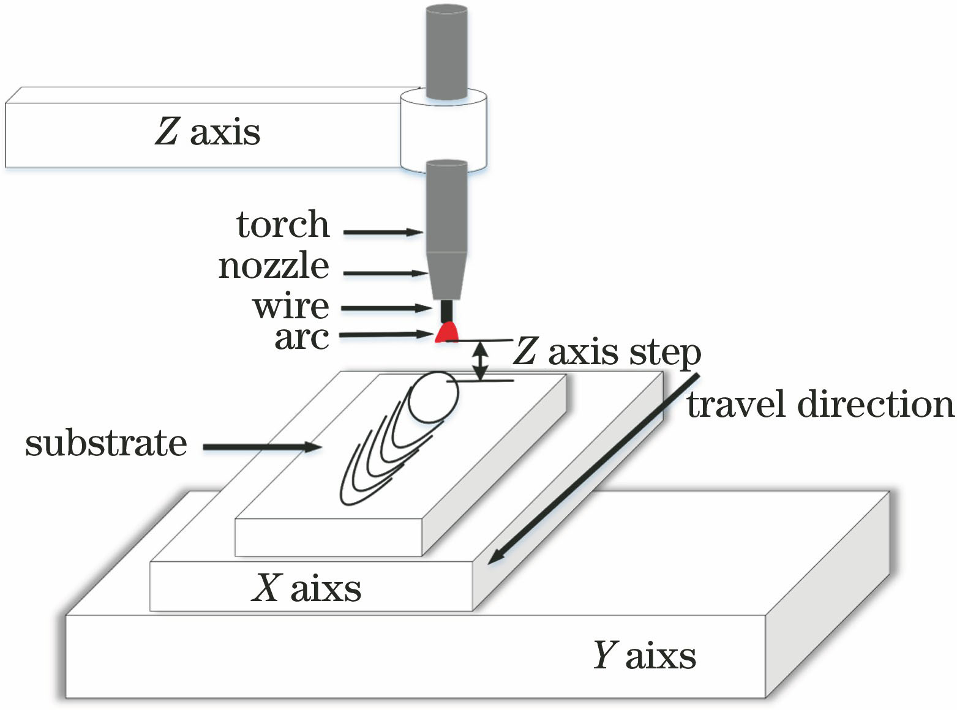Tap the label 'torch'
point(283,225)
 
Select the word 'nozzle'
point(274,266)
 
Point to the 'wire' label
point(291,306)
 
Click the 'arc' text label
point(301,337)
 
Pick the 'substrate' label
point(106,443)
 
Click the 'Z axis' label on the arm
point(208,132)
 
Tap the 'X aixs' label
point(306,588)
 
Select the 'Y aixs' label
point(644,655)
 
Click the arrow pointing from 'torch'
point(383,232)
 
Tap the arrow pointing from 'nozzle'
point(385,273)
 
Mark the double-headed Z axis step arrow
point(481,360)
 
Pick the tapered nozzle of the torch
point(446,275)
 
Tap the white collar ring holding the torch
point(443,130)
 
